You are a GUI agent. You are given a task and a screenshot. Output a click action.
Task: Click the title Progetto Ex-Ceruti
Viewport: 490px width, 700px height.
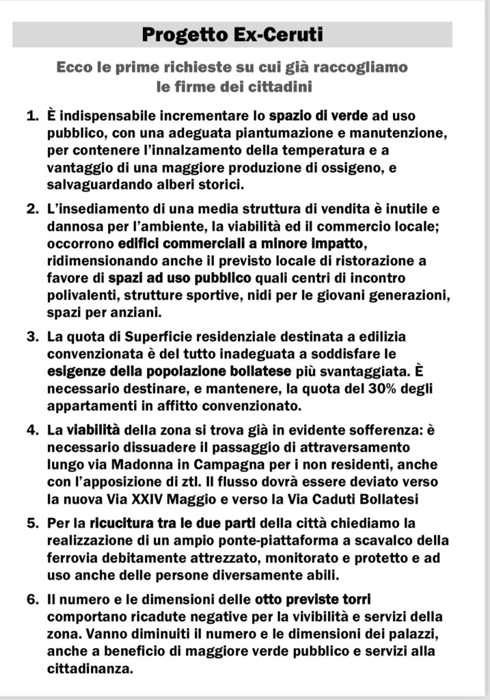click(232, 35)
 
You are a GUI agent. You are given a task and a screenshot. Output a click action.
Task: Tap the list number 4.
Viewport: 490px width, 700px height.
click(31, 430)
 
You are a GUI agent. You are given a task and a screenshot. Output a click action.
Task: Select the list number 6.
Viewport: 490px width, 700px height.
click(31, 600)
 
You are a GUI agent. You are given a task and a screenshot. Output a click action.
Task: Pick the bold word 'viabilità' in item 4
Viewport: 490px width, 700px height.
click(92, 430)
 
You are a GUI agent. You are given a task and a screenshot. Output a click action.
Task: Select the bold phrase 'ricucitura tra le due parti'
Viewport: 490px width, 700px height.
click(172, 524)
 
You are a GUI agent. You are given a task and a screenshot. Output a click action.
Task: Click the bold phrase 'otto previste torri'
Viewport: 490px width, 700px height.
click(312, 600)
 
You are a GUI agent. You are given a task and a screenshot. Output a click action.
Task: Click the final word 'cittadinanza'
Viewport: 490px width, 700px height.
click(90, 668)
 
